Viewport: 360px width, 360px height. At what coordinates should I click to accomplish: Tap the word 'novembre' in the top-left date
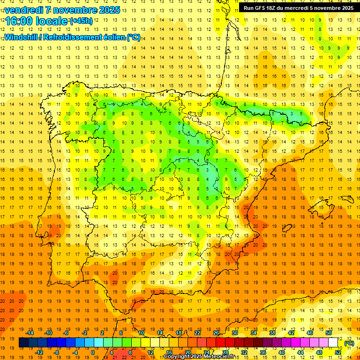72,10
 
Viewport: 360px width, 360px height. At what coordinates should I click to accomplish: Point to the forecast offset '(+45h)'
81,21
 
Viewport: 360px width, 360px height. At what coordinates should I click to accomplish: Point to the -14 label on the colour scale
30,333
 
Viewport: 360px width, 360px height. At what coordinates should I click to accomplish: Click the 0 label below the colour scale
93,352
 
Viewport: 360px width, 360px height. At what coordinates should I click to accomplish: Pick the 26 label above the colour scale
216,333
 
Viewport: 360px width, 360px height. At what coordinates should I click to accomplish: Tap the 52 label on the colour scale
337,352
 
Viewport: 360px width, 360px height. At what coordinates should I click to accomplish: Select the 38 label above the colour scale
272,333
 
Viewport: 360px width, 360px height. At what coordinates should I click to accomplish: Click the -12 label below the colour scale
39,352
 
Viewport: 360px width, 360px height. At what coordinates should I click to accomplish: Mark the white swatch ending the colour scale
333,343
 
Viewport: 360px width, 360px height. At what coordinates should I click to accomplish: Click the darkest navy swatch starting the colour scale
23,343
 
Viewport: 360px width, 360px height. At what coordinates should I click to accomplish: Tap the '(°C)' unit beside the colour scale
349,343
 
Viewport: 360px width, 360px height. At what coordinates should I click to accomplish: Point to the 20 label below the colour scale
188,352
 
